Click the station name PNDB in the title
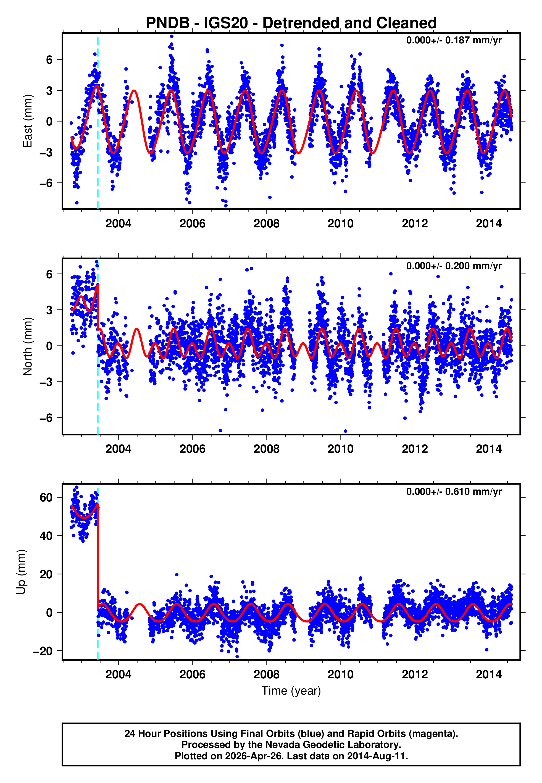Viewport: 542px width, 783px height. point(167,23)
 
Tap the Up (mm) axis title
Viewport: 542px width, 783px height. point(21,572)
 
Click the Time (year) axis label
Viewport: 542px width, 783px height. point(291,691)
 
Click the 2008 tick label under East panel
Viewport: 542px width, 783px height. point(266,224)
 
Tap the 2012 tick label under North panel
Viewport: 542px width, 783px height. point(415,449)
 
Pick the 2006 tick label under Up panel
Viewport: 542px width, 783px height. point(192,674)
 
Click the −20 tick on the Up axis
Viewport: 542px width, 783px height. point(43,651)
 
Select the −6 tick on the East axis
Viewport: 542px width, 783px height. point(46,183)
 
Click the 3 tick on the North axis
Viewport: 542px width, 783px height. point(49,310)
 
